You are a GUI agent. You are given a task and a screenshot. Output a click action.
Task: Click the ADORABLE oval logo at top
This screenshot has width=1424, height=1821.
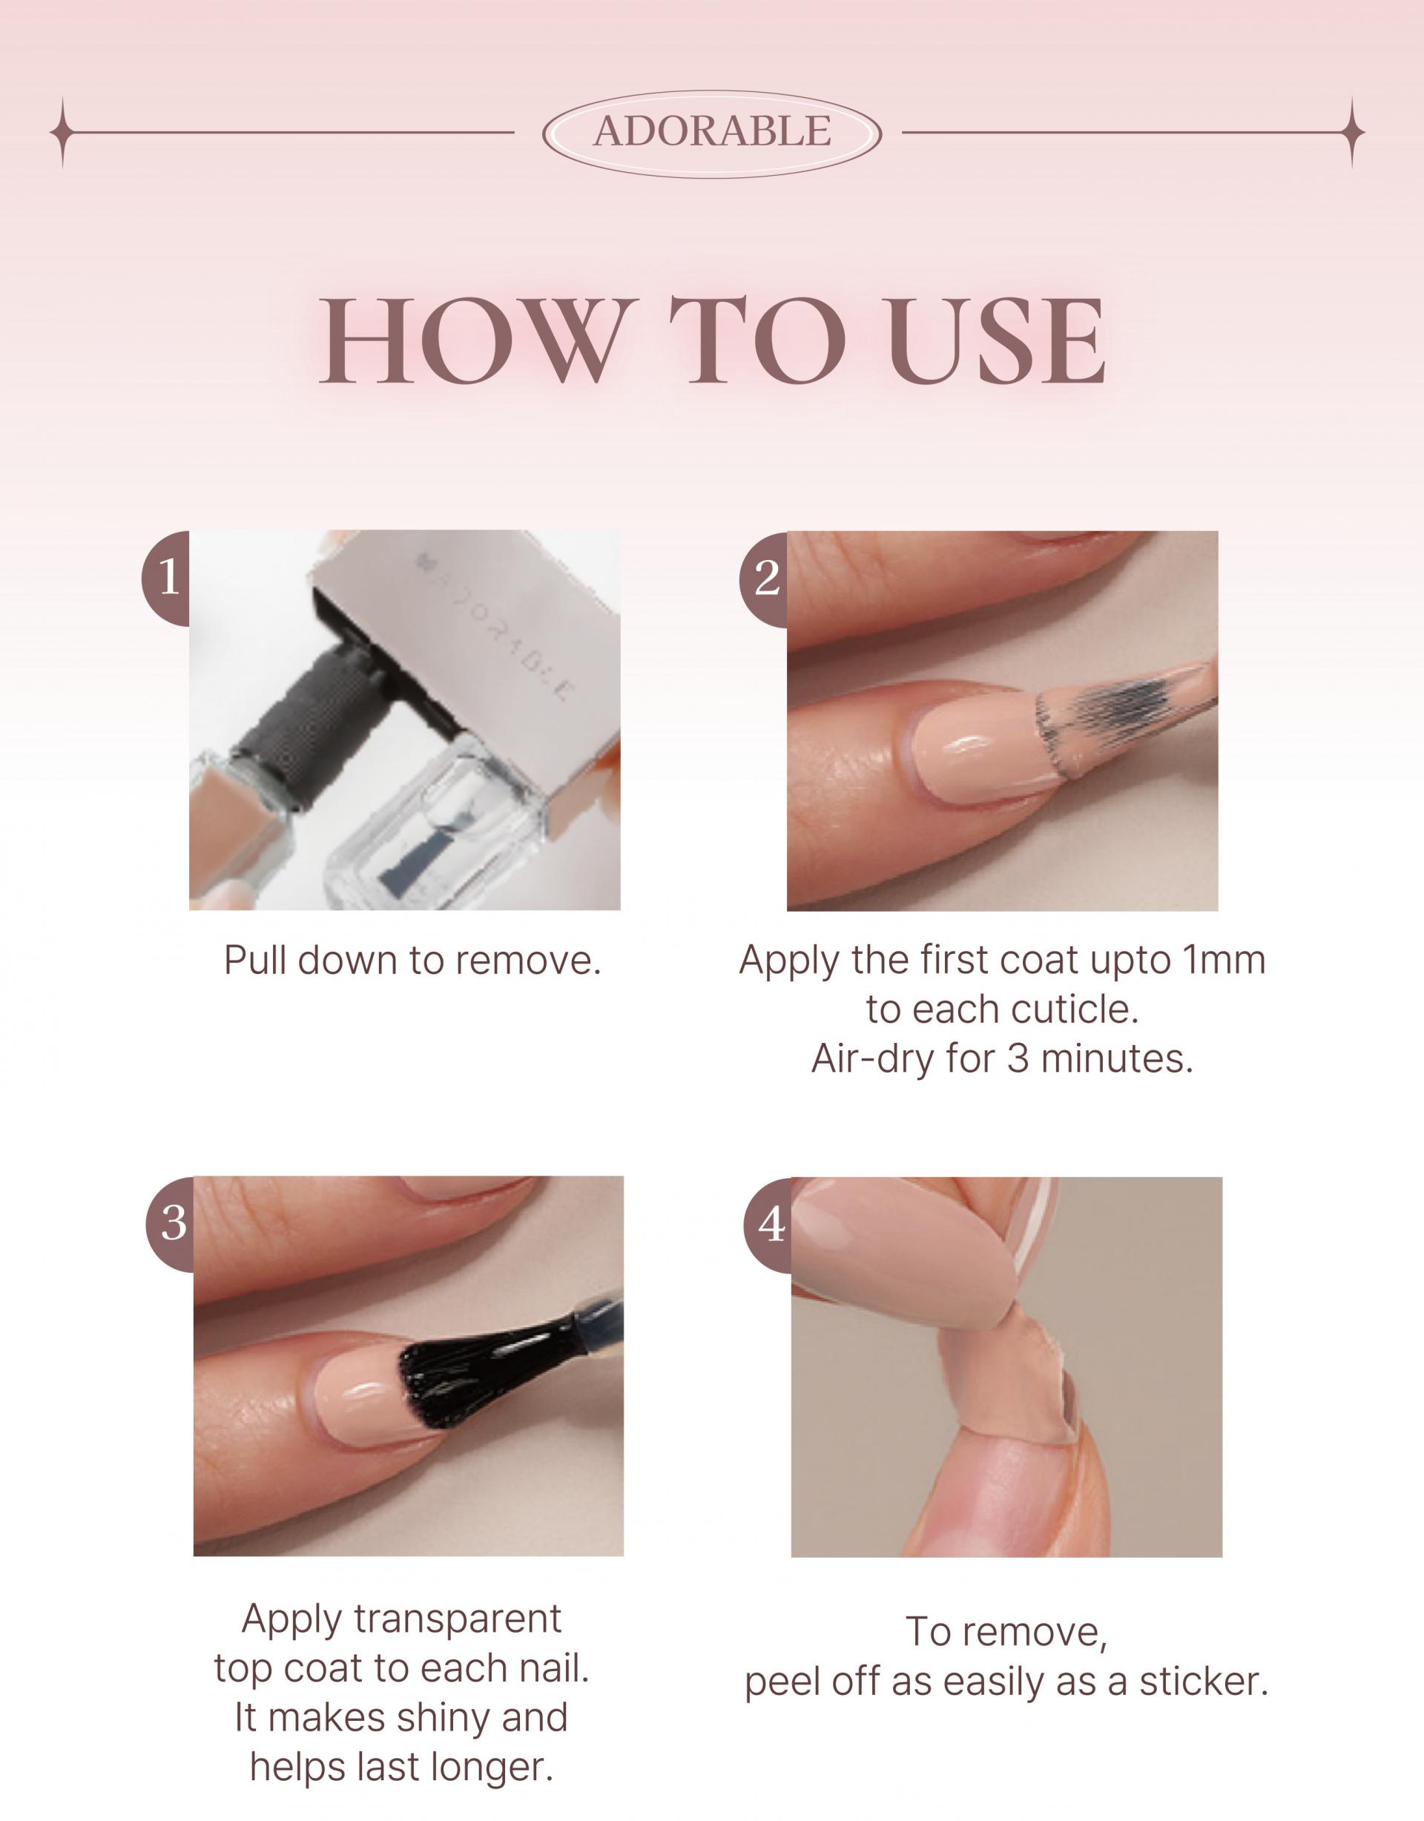(x=712, y=133)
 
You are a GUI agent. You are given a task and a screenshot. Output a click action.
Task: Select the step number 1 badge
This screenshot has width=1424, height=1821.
(x=167, y=578)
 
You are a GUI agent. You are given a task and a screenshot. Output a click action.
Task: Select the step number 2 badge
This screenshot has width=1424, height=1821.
(x=765, y=578)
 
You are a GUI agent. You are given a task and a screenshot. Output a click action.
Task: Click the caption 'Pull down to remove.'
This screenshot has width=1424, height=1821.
(x=412, y=961)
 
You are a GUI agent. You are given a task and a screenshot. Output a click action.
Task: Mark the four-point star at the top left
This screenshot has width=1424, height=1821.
(x=62, y=133)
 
